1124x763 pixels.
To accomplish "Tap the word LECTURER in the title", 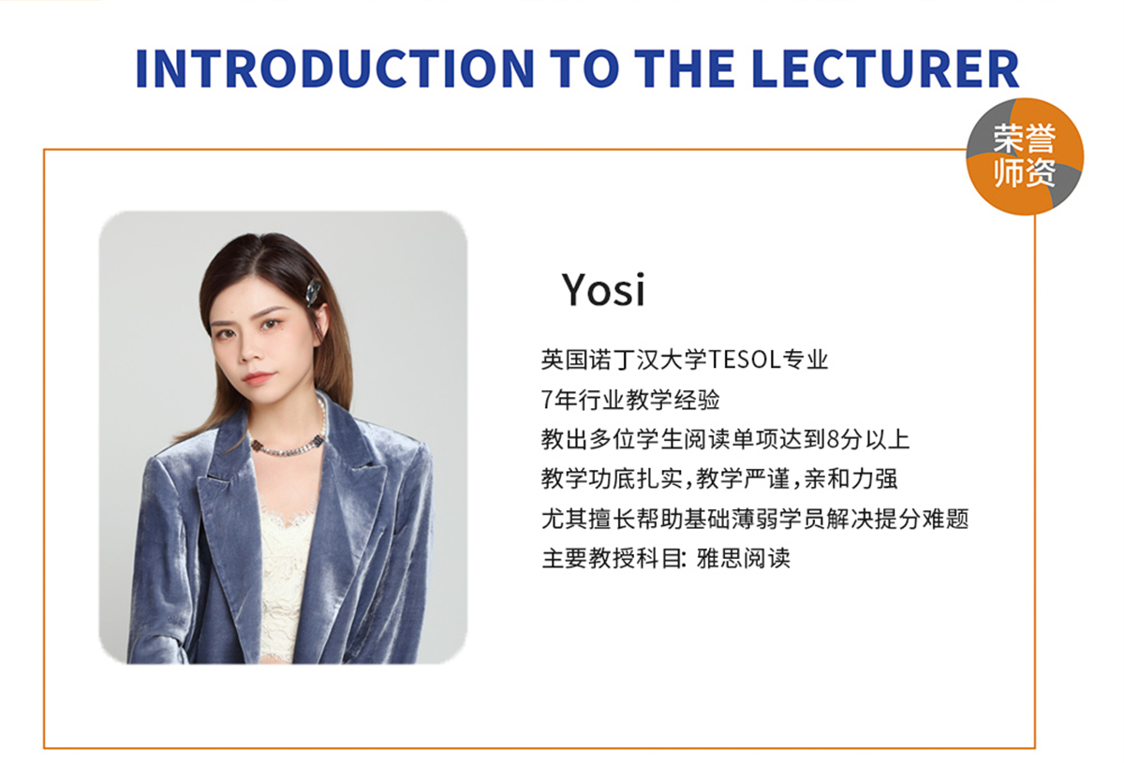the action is (886, 68).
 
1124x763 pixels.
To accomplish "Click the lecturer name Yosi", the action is (603, 289).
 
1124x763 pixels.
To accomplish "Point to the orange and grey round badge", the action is (1025, 156).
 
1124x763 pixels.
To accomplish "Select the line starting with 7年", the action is (630, 400).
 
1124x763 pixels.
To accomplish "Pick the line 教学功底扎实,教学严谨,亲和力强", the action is (719, 478).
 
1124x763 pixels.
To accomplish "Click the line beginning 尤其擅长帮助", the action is (755, 519).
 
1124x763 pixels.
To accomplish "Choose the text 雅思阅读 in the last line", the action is (743, 558).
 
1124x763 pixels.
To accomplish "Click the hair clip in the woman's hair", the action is (313, 292).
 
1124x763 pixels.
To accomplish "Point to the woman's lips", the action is (259, 376).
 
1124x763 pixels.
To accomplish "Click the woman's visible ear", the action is (322, 321).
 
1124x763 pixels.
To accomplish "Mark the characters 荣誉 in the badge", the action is (1024, 139).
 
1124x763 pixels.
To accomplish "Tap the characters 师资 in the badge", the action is (1024, 172).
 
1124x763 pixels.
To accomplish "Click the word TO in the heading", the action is (584, 68).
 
